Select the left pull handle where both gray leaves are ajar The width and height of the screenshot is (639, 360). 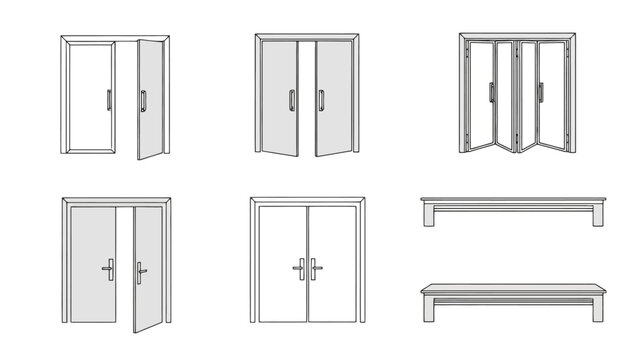click(291, 100)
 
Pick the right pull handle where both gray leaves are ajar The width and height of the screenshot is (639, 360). click(321, 100)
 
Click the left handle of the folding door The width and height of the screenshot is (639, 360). click(491, 93)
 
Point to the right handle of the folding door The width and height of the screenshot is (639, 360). click(541, 93)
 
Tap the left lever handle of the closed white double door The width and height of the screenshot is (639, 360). click(298, 268)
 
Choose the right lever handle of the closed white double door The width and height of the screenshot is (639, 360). click(315, 268)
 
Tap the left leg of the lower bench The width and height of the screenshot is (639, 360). click(428, 309)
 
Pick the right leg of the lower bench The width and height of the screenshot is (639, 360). click(598, 309)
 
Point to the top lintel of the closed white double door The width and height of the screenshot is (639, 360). click(306, 200)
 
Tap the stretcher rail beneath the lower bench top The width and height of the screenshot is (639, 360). click(513, 299)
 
